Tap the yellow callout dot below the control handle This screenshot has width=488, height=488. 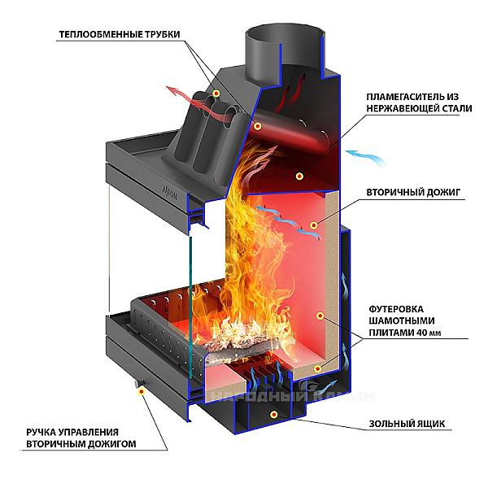(144, 390)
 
